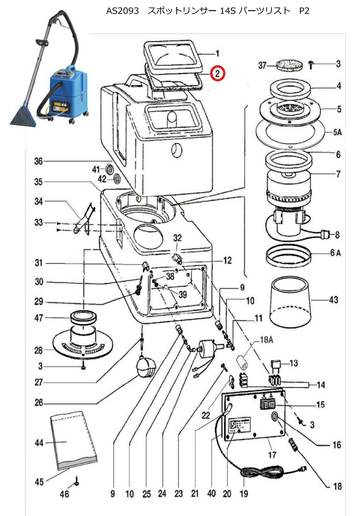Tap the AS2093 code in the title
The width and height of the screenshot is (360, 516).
tap(123, 11)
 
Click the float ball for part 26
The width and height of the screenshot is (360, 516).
tap(144, 369)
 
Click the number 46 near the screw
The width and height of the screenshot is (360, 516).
tap(65, 495)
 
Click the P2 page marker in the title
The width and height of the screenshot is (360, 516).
tap(304, 11)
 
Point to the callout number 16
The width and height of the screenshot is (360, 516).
tap(337, 445)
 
